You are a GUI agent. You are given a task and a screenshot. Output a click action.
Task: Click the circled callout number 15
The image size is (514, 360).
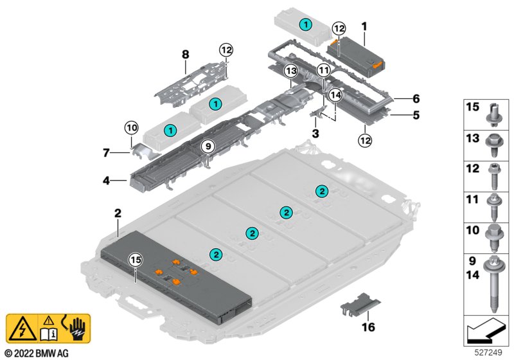[x=136, y=260]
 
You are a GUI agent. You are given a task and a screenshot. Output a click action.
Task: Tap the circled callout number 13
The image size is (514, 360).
[x=291, y=71]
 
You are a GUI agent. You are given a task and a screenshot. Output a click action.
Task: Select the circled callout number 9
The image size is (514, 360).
[x=208, y=146]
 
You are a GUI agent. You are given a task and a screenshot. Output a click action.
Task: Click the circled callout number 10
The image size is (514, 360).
[x=132, y=127]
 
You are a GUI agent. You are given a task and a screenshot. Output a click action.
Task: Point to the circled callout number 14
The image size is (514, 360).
[x=335, y=95]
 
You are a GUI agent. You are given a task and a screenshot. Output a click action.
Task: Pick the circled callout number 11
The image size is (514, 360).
[x=324, y=70]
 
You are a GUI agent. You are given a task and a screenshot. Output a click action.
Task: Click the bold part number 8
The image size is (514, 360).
[x=186, y=55]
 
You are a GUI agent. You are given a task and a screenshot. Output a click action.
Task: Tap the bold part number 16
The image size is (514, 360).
[x=368, y=327]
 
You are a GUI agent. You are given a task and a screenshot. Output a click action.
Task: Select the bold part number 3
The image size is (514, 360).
[x=315, y=134]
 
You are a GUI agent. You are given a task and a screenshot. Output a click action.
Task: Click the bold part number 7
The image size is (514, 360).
[x=106, y=153]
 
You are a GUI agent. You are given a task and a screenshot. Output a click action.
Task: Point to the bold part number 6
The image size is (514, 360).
[x=416, y=98]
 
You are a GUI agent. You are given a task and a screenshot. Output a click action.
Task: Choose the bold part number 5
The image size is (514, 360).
[x=416, y=115]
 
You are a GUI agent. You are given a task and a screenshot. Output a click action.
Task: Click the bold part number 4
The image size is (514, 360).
[x=106, y=181]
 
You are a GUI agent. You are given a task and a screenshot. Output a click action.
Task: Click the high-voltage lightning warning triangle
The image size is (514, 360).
[x=22, y=329]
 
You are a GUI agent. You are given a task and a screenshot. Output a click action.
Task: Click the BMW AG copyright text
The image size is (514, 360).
[x=37, y=354]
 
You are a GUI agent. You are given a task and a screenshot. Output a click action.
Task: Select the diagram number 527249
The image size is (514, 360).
[x=488, y=352]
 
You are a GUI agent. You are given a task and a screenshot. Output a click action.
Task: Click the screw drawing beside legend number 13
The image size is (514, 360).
[x=493, y=145]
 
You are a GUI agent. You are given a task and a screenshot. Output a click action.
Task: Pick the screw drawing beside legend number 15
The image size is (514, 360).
[x=493, y=115]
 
